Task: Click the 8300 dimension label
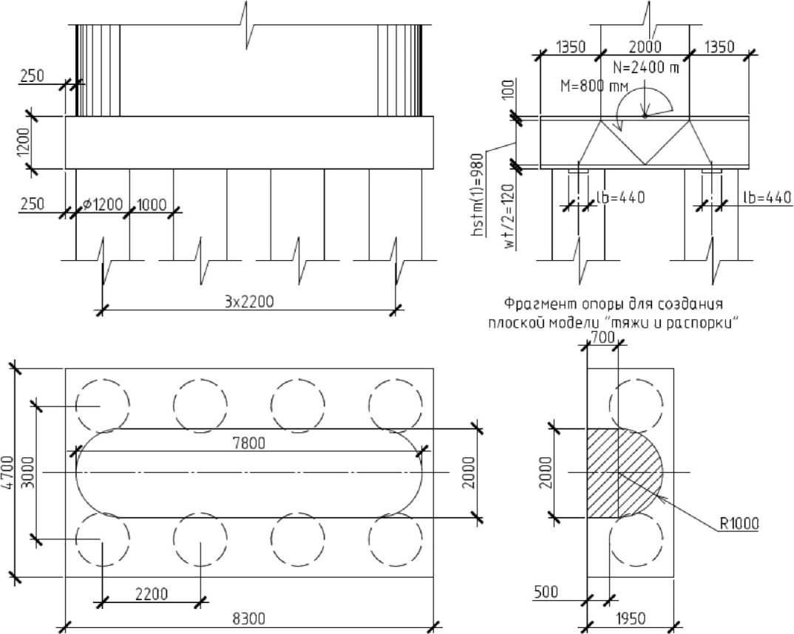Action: coord(248,618)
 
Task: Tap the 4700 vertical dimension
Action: coord(7,473)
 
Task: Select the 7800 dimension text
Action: coord(248,443)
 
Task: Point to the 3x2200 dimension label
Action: coord(248,301)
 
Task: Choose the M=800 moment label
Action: coord(594,86)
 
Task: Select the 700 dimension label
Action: coord(603,337)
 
